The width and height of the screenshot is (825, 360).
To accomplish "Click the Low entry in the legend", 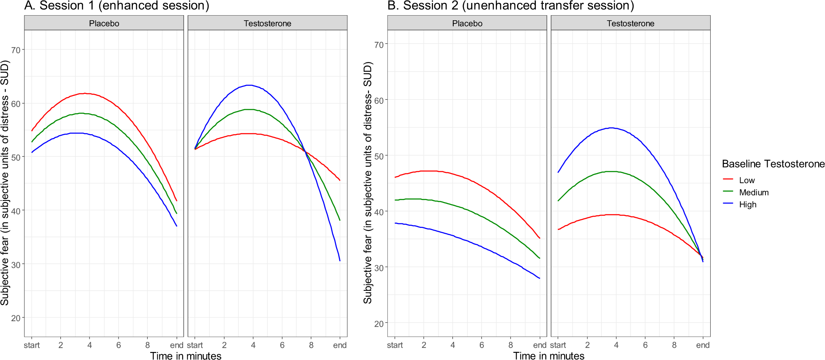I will pos(747,180).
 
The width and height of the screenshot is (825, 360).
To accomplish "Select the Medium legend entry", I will pos(754,192).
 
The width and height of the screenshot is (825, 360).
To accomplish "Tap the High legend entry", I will pos(747,205).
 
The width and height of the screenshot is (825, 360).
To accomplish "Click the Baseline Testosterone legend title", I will pos(773,164).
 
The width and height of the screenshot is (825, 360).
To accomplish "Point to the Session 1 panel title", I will pos(117,6).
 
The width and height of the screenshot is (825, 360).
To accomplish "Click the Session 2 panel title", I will pos(511,6).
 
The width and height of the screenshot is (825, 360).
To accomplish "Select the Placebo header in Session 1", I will pos(104,24).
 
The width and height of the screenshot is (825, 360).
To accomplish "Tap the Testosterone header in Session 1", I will pos(268,24).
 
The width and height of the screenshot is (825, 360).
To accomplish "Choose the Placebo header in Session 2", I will pos(467,24).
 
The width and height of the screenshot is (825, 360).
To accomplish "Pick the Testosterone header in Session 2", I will pos(630,24).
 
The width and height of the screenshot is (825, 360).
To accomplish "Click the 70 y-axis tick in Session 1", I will pos(16,50).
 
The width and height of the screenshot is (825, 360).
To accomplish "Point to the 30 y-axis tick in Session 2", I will pos(379,268).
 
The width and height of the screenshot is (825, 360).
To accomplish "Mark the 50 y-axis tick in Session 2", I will pos(379,157).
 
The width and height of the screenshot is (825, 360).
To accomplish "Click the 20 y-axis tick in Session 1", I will pos(16,318).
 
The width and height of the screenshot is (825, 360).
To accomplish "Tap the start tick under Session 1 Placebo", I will pos(32,345).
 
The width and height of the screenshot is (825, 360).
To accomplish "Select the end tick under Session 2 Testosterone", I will pos(703,345).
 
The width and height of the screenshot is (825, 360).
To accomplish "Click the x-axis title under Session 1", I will pos(186,356).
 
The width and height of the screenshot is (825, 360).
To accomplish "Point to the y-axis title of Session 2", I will pos(368,183).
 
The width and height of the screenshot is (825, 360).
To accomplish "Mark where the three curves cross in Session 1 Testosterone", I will pos(306,152).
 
